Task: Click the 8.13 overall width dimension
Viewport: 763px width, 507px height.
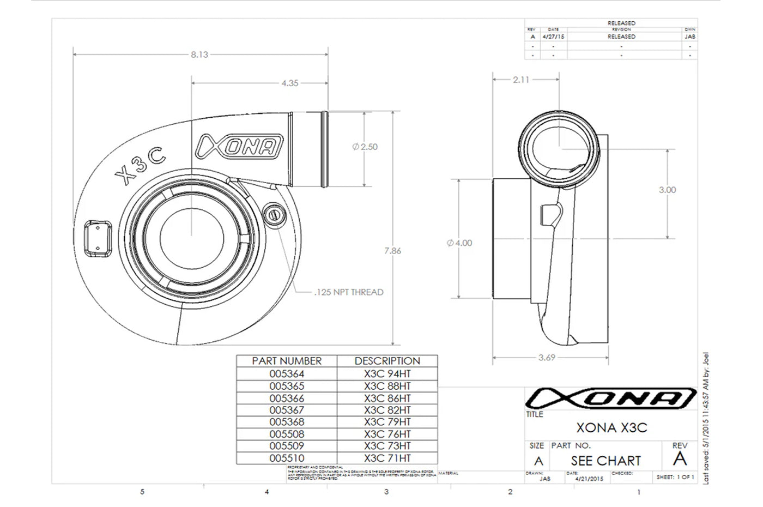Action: point(199,55)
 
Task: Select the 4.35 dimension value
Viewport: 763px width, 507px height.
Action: point(290,83)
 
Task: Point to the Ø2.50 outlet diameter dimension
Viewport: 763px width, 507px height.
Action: point(365,147)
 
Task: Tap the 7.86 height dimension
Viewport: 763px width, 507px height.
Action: point(392,251)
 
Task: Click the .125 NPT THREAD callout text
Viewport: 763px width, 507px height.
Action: point(349,292)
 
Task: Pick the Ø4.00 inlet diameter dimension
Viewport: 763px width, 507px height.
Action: point(459,243)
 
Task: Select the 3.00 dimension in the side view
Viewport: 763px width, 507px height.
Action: point(667,190)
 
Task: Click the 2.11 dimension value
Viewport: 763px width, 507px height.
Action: point(521,80)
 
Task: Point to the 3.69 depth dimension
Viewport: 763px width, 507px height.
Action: point(547,358)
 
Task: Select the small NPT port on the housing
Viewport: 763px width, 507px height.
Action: point(274,214)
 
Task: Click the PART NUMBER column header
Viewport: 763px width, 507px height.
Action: point(287,361)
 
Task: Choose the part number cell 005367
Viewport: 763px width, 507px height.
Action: point(287,410)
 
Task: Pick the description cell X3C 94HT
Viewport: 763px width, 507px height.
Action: point(387,373)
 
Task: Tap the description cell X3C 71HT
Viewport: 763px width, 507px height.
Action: point(387,458)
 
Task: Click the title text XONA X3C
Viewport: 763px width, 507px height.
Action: point(611,428)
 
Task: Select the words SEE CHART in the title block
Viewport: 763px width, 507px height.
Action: point(605,461)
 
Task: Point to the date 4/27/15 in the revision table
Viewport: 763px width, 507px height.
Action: point(553,37)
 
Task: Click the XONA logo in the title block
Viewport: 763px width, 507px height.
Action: point(610,399)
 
